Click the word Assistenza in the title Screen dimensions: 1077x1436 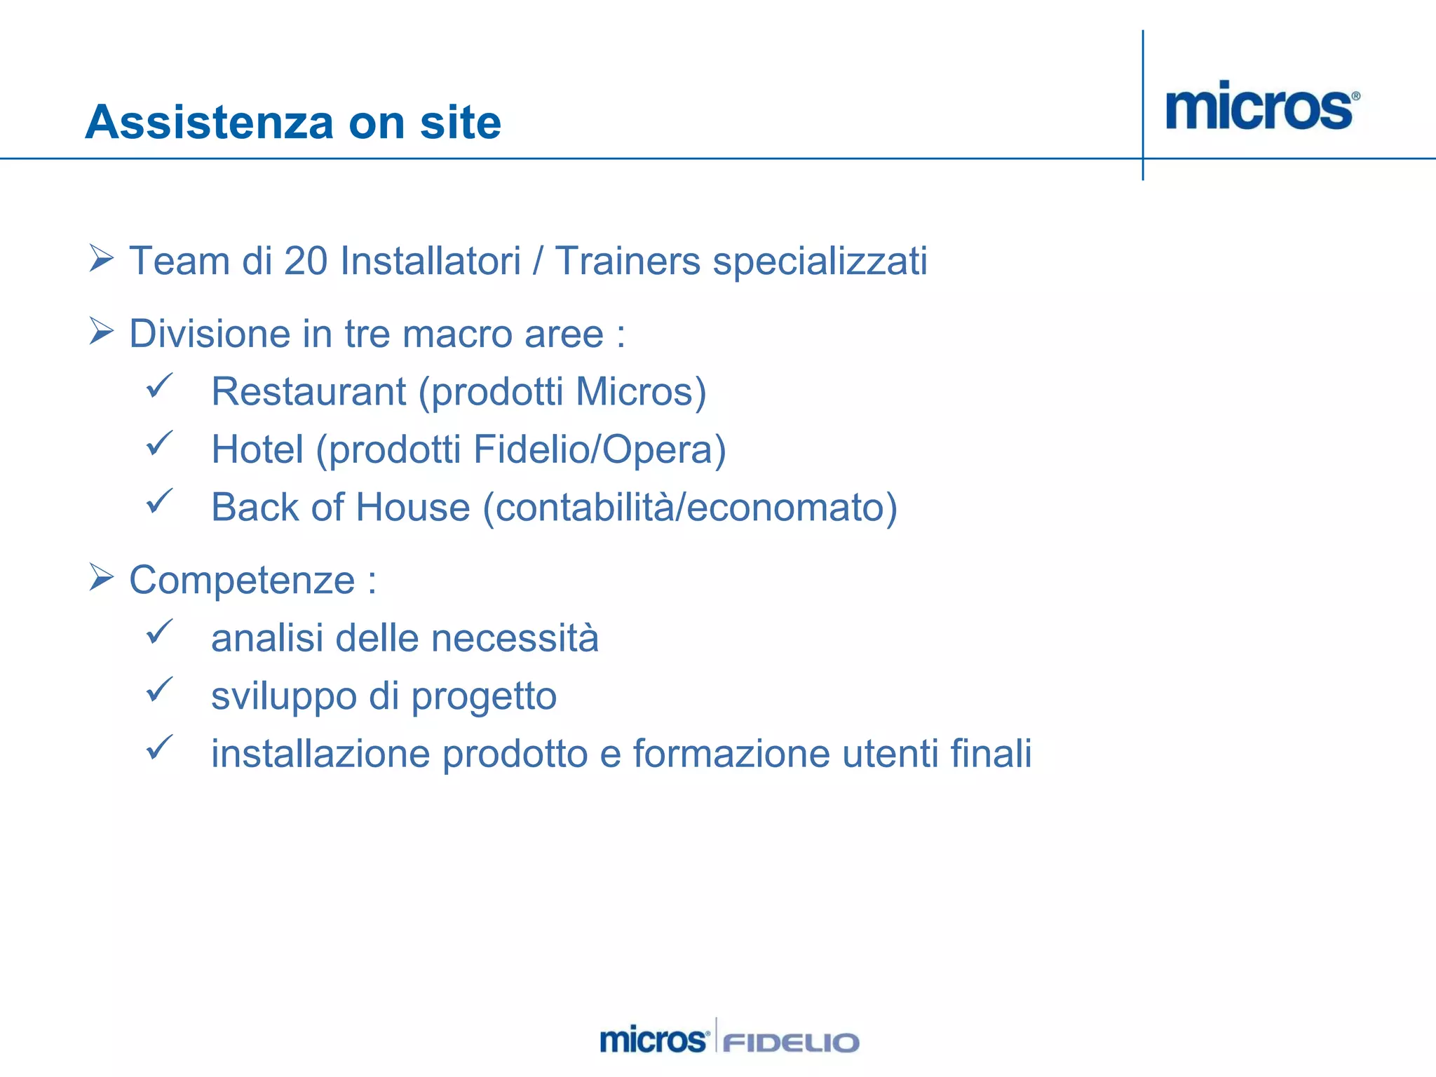pos(209,123)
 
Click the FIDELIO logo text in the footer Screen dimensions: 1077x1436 pos(790,1043)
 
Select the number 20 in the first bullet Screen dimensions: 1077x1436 pos(306,262)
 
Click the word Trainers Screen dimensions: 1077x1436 pos(628,262)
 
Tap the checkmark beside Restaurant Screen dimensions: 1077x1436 pos(159,386)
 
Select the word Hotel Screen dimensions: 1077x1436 pos(257,449)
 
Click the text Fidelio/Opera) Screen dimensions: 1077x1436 pos(600,450)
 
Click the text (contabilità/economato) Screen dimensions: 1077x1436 pos(690,508)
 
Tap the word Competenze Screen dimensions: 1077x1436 pos(242,581)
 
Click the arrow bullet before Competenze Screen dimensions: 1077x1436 pos(102,578)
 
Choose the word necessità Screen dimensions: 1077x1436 pos(515,639)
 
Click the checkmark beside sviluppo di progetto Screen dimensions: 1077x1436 pos(159,690)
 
